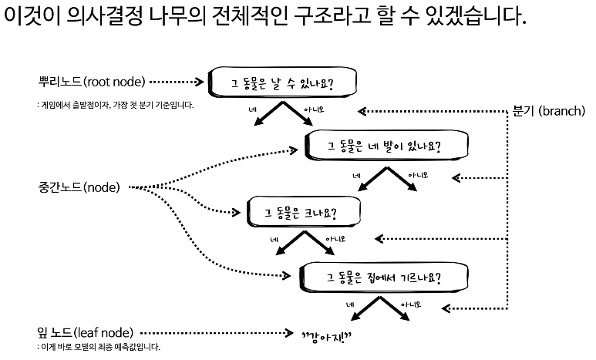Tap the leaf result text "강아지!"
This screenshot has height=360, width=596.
coord(327,335)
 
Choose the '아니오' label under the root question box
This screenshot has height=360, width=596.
coord(313,110)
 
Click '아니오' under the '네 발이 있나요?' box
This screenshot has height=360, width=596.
coord(417,175)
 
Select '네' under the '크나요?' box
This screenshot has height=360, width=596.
coord(274,240)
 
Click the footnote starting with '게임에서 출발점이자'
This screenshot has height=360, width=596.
coord(116,104)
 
